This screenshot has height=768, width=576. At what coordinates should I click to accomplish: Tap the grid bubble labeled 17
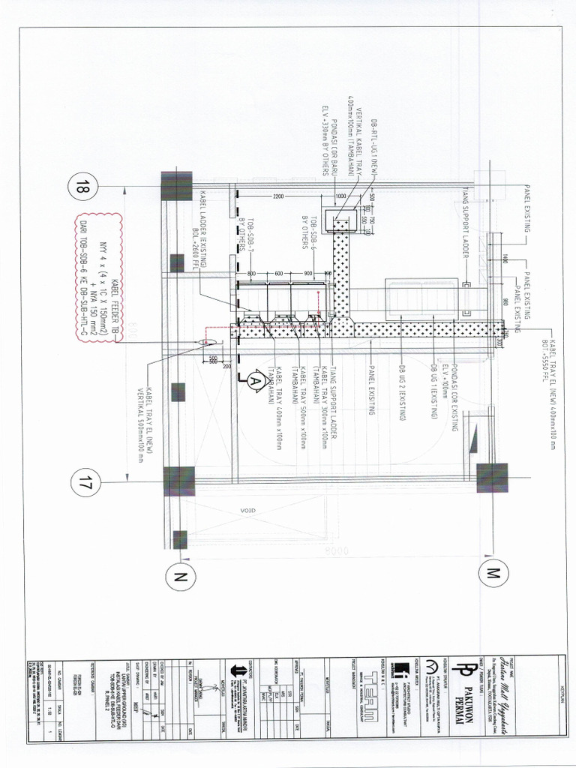85,480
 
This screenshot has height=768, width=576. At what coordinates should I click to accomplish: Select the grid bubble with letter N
178,576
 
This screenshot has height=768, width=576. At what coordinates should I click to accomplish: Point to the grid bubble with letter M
493,574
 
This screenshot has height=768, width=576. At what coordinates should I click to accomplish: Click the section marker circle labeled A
252,381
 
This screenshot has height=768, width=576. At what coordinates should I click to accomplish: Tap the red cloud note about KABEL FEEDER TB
100,279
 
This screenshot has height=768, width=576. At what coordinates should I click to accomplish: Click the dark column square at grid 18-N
177,185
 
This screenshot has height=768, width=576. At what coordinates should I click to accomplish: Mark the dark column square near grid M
492,478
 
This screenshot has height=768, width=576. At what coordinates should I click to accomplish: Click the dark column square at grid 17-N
178,481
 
